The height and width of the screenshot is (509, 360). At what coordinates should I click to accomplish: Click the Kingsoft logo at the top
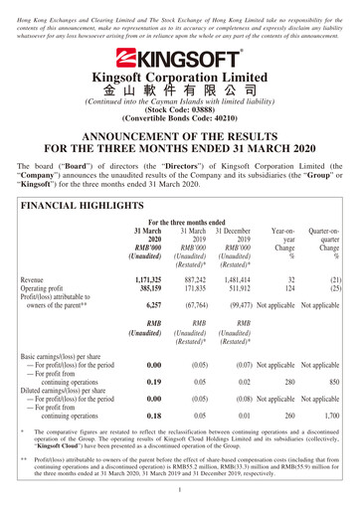(x=179, y=58)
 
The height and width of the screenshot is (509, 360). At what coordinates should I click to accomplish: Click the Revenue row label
(x=36, y=280)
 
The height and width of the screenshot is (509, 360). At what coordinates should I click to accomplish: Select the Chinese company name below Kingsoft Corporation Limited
(x=179, y=90)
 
